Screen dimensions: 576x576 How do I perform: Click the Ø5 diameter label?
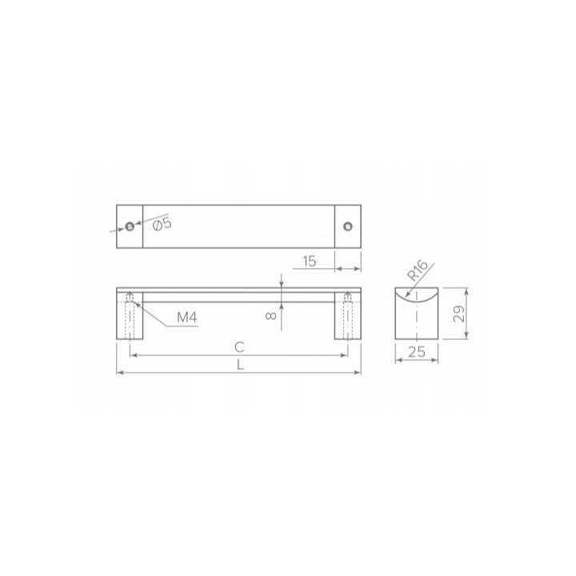(x=161, y=224)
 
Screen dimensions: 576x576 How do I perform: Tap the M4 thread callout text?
(x=187, y=318)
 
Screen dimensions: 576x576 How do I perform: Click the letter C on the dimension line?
(x=238, y=346)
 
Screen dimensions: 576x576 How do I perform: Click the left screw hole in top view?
(x=130, y=226)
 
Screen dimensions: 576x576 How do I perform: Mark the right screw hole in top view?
(x=347, y=226)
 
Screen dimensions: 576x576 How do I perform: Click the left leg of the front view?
(x=130, y=320)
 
